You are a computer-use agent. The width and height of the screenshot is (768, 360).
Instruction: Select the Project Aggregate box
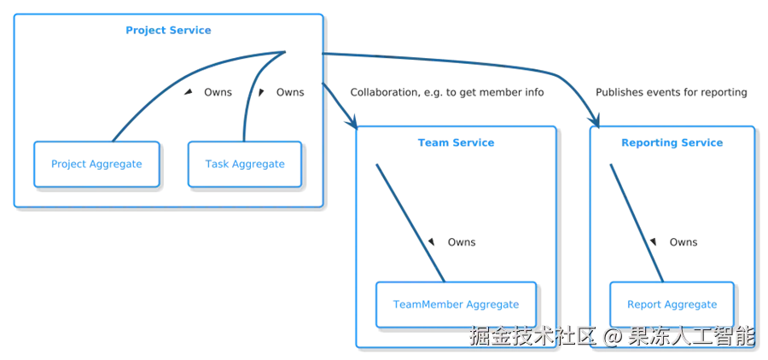96,163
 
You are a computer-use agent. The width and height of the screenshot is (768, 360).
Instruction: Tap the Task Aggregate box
246,163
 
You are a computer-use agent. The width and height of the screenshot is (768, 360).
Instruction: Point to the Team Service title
456,144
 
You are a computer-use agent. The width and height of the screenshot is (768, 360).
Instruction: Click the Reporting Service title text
672,144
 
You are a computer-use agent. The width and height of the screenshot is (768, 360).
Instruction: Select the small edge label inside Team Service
461,245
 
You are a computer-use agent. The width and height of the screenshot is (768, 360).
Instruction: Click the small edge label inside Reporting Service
684,245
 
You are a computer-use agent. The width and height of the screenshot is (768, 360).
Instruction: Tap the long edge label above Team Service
447,95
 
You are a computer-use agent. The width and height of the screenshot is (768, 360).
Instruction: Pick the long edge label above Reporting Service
672,95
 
